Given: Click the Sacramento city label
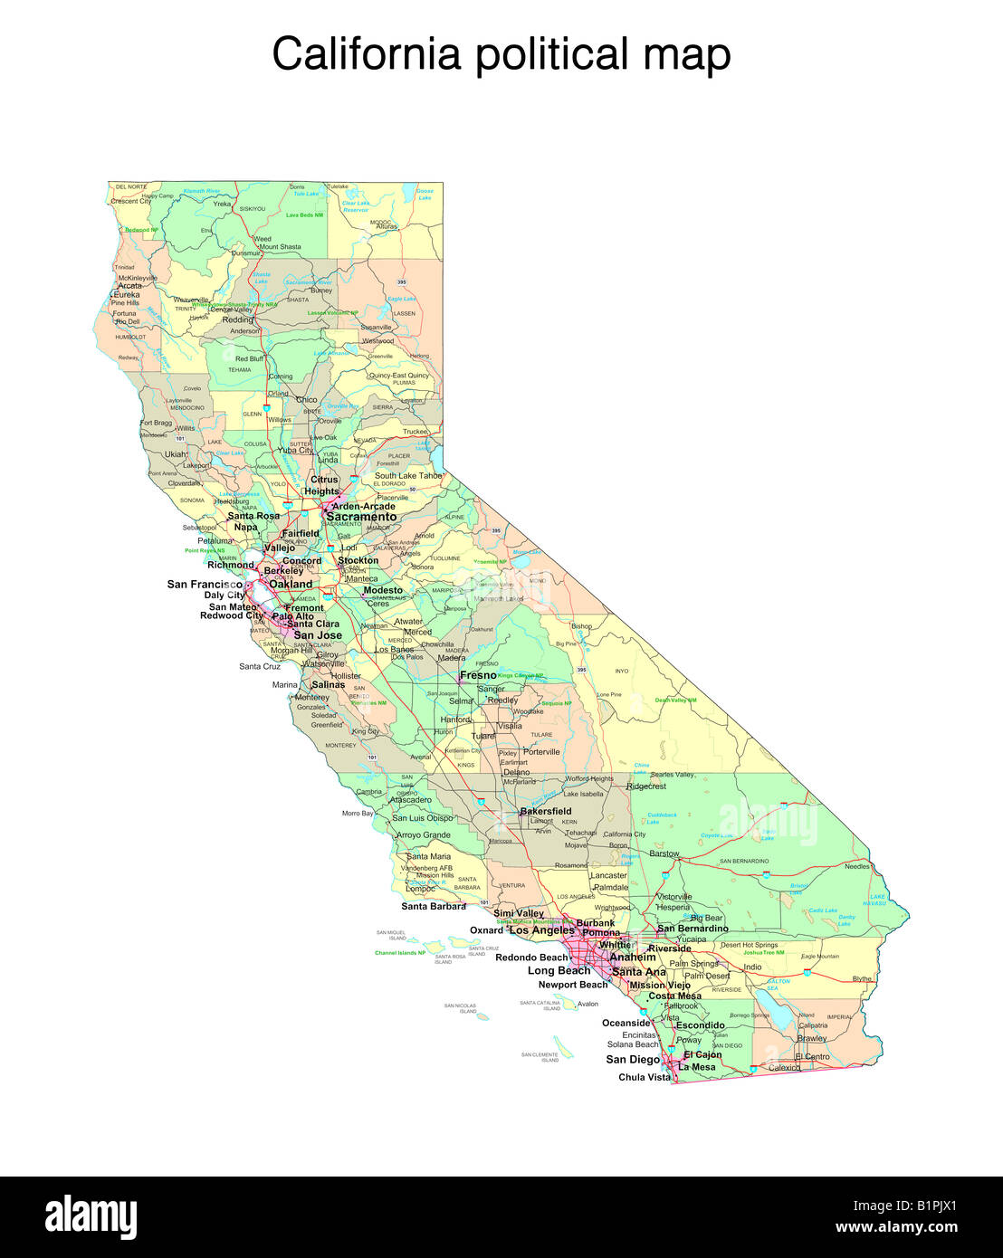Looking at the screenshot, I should click(361, 517).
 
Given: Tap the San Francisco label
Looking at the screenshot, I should click(205, 584).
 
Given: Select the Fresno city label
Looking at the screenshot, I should click(478, 675).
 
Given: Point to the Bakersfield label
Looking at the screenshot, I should click(546, 811).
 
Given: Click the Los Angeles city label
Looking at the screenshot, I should click(541, 930).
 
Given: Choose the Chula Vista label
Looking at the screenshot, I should click(645, 1077).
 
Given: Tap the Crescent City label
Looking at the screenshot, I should click(131, 201).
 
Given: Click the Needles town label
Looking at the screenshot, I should click(856, 866).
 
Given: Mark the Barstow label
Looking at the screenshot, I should click(664, 853).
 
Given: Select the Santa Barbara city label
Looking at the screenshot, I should click(434, 906).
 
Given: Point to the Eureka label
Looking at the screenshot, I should click(127, 294).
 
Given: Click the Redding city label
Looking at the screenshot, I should click(238, 319).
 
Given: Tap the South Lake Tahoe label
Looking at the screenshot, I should click(408, 475).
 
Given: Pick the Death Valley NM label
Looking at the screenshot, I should click(675, 700).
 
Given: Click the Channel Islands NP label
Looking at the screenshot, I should click(400, 953).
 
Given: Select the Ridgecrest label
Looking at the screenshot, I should click(646, 786).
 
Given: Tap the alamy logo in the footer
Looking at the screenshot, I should click(91, 1216).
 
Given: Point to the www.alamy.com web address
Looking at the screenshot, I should click(896, 1228).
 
